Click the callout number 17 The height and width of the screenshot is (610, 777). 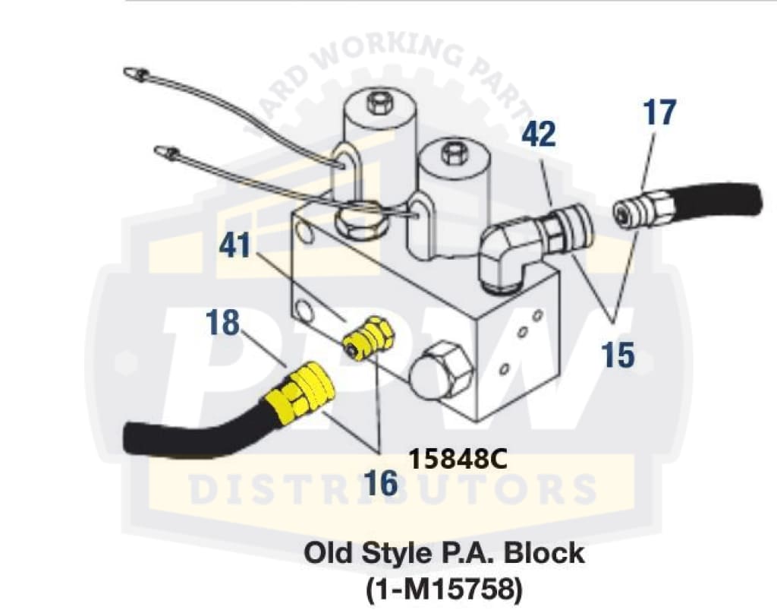[x=659, y=113]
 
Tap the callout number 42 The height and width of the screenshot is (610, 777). [x=539, y=134]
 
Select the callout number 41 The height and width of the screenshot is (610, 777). [x=235, y=245]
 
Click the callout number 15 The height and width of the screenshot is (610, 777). [x=618, y=355]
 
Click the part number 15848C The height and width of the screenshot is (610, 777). [x=458, y=460]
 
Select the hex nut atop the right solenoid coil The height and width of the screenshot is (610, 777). [x=451, y=153]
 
